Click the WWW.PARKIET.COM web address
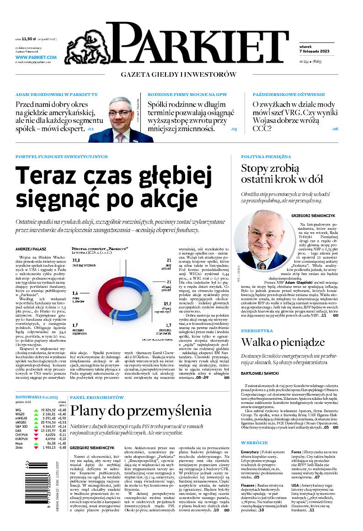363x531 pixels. pyautogui.click(x=36, y=57)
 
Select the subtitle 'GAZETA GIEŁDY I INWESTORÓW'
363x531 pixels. pyautogui.click(x=178, y=74)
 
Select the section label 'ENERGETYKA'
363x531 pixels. pyautogui.click(x=257, y=330)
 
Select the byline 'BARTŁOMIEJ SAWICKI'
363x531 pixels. pyautogui.click(x=261, y=374)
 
